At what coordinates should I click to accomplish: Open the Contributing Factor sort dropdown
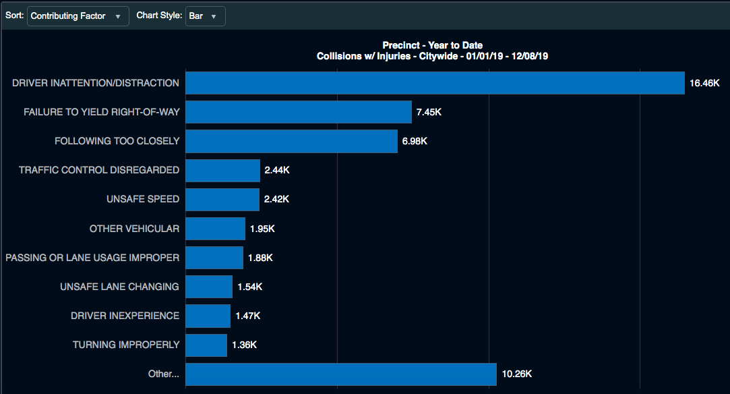pyautogui.click(x=78, y=16)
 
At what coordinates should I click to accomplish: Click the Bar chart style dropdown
pyautogui.click(x=206, y=16)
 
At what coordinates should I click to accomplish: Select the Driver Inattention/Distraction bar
pyautogui.click(x=435, y=83)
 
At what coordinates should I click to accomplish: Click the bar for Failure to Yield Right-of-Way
pyautogui.click(x=299, y=112)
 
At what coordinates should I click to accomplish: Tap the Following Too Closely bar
pyautogui.click(x=291, y=141)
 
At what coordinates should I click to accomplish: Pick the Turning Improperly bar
pyautogui.click(x=206, y=345)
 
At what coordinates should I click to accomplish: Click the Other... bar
pyautogui.click(x=341, y=374)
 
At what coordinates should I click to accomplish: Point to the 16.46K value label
pyautogui.click(x=704, y=83)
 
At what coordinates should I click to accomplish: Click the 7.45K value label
pyautogui.click(x=429, y=112)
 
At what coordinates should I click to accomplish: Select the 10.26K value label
pyautogui.click(x=517, y=374)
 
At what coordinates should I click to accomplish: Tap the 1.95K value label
pyautogui.click(x=262, y=229)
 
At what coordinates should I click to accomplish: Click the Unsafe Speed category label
pyautogui.click(x=143, y=199)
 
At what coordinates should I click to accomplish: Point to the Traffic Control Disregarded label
pyautogui.click(x=99, y=170)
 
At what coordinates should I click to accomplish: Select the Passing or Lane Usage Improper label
pyautogui.click(x=92, y=258)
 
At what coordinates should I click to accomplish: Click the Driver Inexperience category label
pyautogui.click(x=125, y=316)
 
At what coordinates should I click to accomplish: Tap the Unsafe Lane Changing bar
pyautogui.click(x=209, y=287)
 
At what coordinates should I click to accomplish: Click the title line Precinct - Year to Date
pyautogui.click(x=433, y=45)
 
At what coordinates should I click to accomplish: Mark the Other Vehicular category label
pyautogui.click(x=134, y=229)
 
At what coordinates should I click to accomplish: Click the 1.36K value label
pyautogui.click(x=245, y=345)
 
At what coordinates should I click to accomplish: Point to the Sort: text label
pyautogui.click(x=14, y=16)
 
